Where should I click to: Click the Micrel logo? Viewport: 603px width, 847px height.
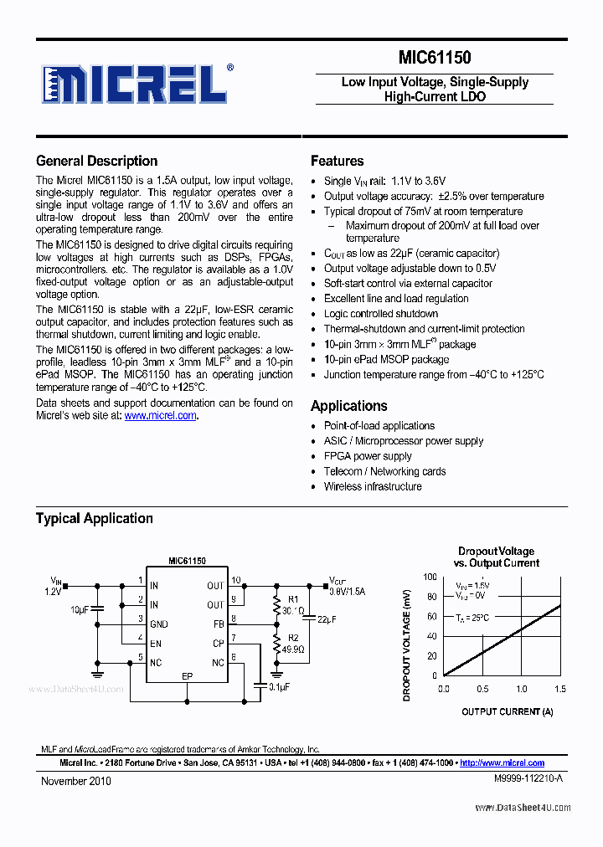(135, 85)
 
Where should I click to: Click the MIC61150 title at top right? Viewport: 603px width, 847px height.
(435, 58)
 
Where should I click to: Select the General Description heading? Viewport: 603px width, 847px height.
(96, 161)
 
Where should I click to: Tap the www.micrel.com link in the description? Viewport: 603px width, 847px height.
(161, 415)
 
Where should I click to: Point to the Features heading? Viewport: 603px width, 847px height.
(337, 161)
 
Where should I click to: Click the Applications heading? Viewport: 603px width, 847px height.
(348, 406)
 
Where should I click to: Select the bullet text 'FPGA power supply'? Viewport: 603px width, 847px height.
(368, 456)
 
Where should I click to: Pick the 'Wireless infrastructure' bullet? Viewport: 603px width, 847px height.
(373, 486)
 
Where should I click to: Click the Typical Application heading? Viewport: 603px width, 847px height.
(94, 518)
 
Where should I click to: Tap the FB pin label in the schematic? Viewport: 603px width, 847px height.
(219, 624)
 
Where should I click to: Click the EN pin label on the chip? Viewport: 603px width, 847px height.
(155, 644)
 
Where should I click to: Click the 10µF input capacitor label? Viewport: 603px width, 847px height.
(79, 608)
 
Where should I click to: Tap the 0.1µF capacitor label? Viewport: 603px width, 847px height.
(279, 686)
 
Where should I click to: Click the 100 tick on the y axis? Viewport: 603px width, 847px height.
(429, 577)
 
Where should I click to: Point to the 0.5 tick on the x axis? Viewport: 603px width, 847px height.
(482, 689)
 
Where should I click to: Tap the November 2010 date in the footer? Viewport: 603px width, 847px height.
(75, 781)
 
